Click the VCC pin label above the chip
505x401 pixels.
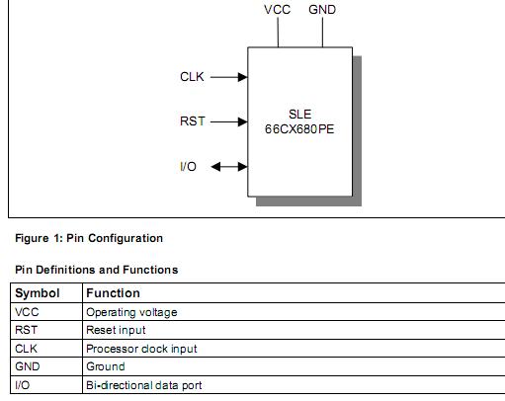[277, 10]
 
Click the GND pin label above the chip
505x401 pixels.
[322, 10]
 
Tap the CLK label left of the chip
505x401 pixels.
[192, 76]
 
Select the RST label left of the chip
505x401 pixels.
[192, 121]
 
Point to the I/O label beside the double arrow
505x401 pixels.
[188, 167]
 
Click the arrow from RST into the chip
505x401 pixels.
[228, 122]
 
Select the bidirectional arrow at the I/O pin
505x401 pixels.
[228, 167]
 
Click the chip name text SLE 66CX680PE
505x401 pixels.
[300, 121]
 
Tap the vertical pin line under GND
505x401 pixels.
[322, 33]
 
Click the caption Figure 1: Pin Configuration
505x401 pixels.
[89, 238]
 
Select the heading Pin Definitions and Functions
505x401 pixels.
[97, 270]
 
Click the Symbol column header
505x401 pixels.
[38, 293]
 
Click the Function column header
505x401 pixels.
[114, 293]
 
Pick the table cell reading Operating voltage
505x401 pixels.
[131, 312]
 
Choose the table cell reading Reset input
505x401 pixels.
[116, 330]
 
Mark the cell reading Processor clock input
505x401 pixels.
[141, 349]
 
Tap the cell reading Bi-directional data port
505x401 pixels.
[144, 384]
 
